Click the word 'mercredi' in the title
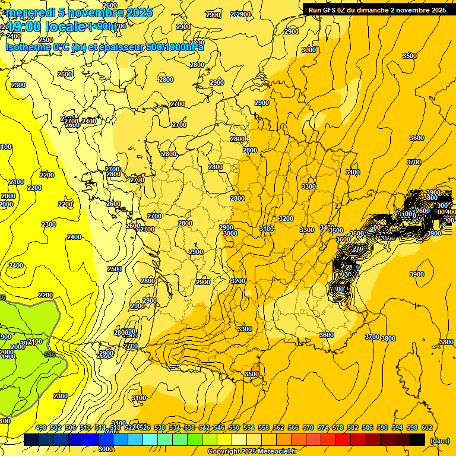[30, 12]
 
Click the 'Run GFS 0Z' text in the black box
[330, 10]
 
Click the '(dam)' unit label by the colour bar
[439, 441]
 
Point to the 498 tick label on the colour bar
[41, 428]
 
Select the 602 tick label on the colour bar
[427, 428]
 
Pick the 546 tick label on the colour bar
[219, 428]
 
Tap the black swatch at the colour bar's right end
[417, 439]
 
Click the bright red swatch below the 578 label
[343, 439]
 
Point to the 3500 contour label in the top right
[410, 56]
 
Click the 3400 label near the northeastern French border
[353, 172]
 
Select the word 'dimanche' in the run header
[372, 10]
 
